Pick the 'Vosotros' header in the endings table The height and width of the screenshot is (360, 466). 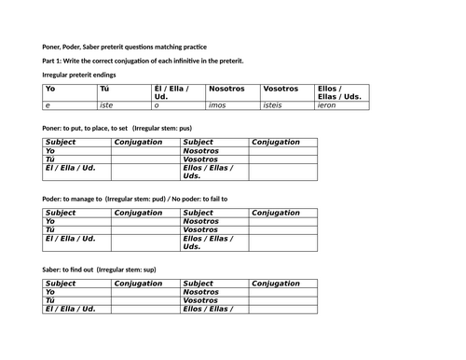(281, 89)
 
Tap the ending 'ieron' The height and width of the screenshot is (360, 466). (329, 106)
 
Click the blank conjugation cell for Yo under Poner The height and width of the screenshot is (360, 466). (146, 150)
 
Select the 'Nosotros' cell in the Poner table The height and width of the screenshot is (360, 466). (201, 150)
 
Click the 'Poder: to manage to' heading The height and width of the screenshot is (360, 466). (134, 199)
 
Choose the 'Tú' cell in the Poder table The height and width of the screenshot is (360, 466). (51, 229)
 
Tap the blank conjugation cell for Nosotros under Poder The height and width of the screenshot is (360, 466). (283, 221)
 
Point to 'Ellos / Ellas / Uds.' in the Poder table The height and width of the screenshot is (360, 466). (207, 242)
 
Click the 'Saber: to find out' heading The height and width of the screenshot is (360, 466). (99, 270)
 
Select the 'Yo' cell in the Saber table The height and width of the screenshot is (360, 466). (51, 292)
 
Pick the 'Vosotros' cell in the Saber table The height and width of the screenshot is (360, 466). (201, 300)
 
